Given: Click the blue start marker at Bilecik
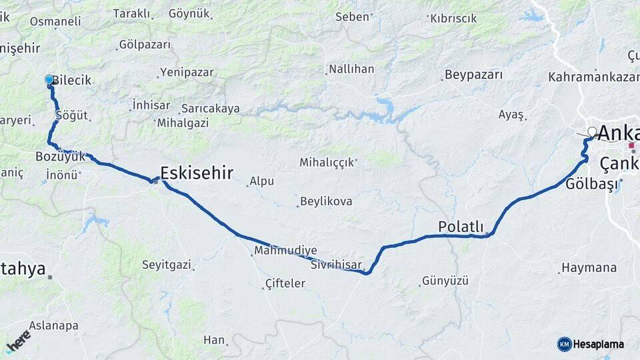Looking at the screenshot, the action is pyautogui.click(x=49, y=80).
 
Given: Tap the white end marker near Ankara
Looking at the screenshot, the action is pyautogui.click(x=592, y=131).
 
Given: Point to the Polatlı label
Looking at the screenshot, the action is pyautogui.click(x=461, y=227).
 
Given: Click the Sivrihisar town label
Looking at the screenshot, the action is pyautogui.click(x=335, y=265).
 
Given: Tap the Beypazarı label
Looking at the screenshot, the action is pyautogui.click(x=473, y=75).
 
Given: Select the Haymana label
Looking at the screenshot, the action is pyautogui.click(x=589, y=267).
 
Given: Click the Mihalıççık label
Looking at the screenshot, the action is pyautogui.click(x=327, y=162).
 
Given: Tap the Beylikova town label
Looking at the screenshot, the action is pyautogui.click(x=326, y=201).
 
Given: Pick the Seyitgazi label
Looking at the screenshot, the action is pyautogui.click(x=166, y=265).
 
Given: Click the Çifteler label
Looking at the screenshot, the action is pyautogui.click(x=285, y=283).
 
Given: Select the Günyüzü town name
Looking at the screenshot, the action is pyautogui.click(x=445, y=281).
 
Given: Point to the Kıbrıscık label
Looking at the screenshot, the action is pyautogui.click(x=453, y=19).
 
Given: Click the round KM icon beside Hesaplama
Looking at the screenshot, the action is pyautogui.click(x=565, y=344).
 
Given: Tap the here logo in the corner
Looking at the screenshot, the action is pyautogui.click(x=18, y=341).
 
